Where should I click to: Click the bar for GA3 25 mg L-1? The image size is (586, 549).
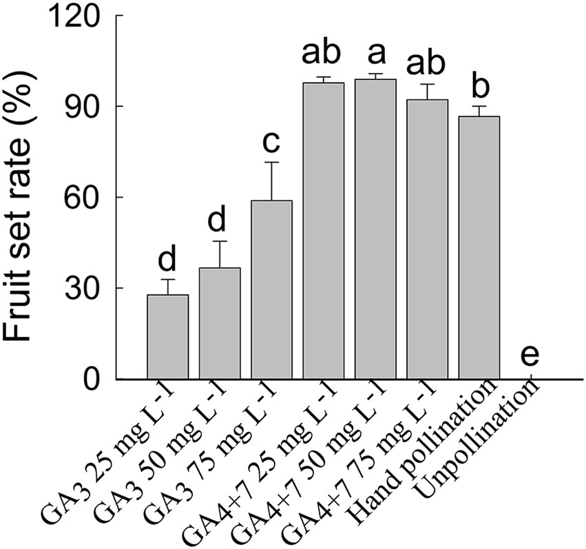[167, 337]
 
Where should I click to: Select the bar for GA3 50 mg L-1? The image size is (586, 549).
[220, 323]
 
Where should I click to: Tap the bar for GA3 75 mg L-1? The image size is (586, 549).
[271, 289]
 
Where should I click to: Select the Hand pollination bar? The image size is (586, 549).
[479, 248]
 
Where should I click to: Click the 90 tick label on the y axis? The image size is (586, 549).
[89, 107]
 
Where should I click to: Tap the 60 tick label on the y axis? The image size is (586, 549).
[89, 198]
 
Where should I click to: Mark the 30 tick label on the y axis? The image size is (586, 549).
[89, 289]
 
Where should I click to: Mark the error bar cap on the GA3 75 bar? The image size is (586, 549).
[271, 163]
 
